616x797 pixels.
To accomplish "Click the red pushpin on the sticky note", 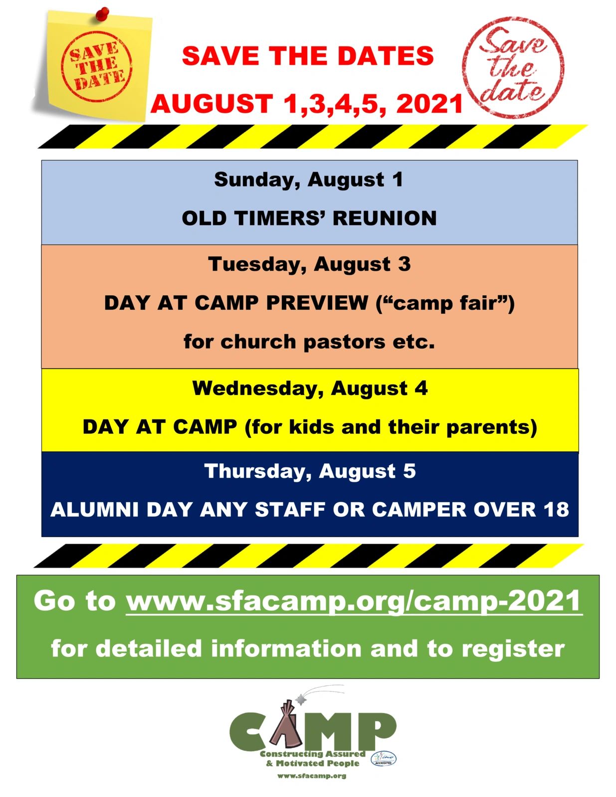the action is (x=103, y=14).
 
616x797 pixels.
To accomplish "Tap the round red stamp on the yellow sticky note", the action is (x=97, y=66).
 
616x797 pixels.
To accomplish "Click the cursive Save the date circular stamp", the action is (x=513, y=67).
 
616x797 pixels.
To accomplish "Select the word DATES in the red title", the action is (x=386, y=56).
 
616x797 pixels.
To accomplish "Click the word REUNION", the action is (x=385, y=218).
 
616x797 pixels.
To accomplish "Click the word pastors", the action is (x=344, y=343).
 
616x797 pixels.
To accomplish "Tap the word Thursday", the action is (x=258, y=471).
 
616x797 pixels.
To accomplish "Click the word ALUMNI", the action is (x=95, y=510).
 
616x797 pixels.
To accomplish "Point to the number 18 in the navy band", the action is (x=557, y=510).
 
